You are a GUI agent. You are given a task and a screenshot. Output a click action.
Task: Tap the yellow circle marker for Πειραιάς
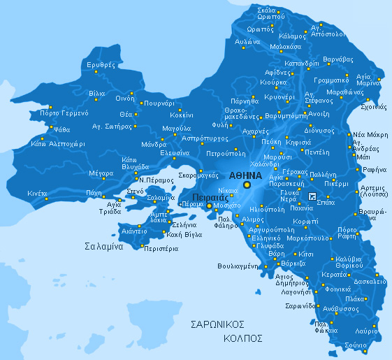209,206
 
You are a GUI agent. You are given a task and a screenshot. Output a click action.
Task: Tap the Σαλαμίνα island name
104,247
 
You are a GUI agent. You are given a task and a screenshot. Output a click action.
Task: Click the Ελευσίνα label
175,152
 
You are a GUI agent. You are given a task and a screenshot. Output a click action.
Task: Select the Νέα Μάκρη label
370,134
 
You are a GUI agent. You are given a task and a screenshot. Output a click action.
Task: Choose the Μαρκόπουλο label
307,238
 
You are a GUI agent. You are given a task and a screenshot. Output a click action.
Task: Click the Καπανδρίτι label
303,63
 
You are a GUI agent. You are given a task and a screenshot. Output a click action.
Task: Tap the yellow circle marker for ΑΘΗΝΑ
247,185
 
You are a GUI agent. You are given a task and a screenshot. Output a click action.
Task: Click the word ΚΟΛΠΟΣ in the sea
242,338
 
